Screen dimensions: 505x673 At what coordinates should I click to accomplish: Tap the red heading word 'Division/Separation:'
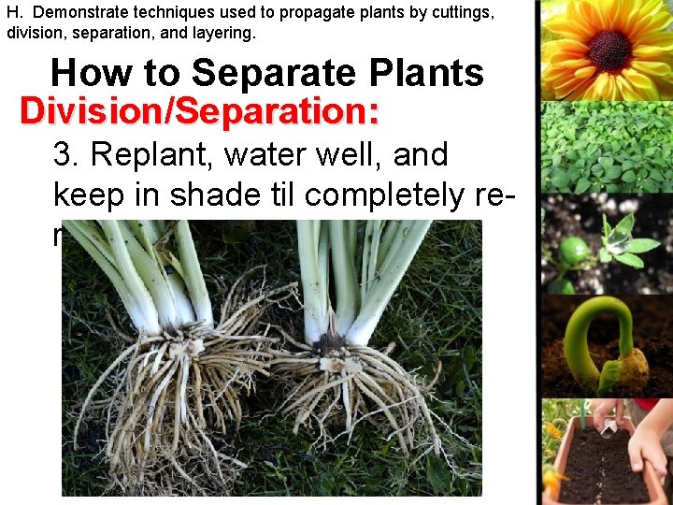[x=200, y=111]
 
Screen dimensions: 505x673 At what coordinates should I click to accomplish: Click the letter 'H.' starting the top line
[x=14, y=13]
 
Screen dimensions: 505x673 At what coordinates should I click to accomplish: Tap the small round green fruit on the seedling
[x=573, y=250]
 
